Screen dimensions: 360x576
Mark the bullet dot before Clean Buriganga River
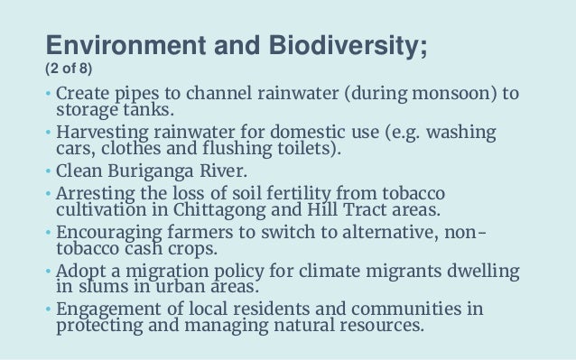tap(49, 171)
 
